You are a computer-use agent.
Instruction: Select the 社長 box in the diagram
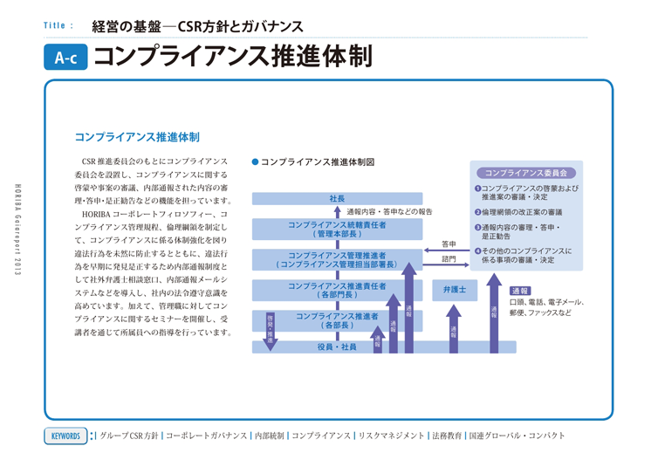pyautogui.click(x=337, y=199)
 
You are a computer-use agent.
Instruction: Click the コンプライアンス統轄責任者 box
pyautogui.click(x=337, y=229)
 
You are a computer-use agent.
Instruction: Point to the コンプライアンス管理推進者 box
pyautogui.click(x=337, y=258)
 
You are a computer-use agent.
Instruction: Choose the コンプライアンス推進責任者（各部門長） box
pyautogui.click(x=337, y=290)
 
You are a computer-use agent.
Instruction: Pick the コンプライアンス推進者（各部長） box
pyautogui.click(x=337, y=319)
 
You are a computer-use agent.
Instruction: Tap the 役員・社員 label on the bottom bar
pyautogui.click(x=337, y=347)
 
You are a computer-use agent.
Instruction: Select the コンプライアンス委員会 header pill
pyautogui.click(x=526, y=173)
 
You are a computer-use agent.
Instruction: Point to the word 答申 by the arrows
pyautogui.click(x=449, y=244)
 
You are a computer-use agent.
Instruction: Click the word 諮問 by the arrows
pyautogui.click(x=449, y=258)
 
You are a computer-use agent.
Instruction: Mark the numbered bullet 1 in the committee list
pyautogui.click(x=477, y=188)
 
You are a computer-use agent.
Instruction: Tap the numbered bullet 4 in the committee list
pyautogui.click(x=477, y=251)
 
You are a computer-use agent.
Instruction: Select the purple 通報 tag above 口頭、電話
pyautogui.click(x=520, y=291)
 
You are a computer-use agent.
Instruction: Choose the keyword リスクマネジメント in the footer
pyautogui.click(x=391, y=435)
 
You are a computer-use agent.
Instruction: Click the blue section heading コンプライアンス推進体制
pyautogui.click(x=137, y=137)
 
